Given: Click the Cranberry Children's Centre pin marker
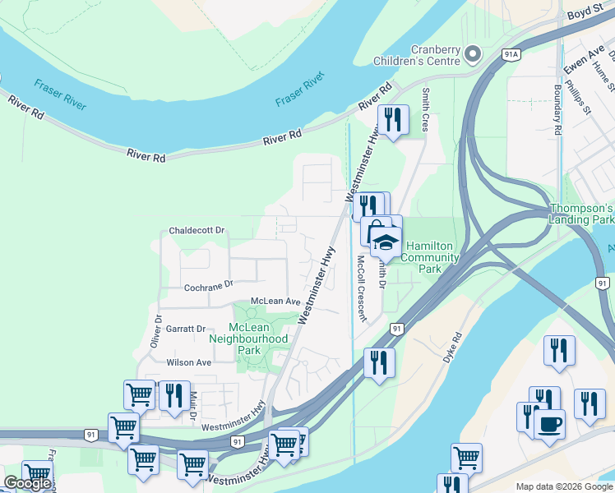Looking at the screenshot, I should tap(473, 54).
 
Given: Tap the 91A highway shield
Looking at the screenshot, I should tap(511, 54).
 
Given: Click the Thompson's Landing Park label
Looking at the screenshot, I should tap(581, 214).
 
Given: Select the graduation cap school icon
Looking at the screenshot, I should tap(385, 242).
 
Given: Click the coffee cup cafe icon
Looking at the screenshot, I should tap(549, 424).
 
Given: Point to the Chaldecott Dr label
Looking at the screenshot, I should tap(197, 231).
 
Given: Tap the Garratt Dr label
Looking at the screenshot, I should tap(186, 328).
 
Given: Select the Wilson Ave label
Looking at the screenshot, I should tap(188, 362).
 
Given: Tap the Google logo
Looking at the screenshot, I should tap(27, 483).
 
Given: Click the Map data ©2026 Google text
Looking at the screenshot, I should tap(564, 486).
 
